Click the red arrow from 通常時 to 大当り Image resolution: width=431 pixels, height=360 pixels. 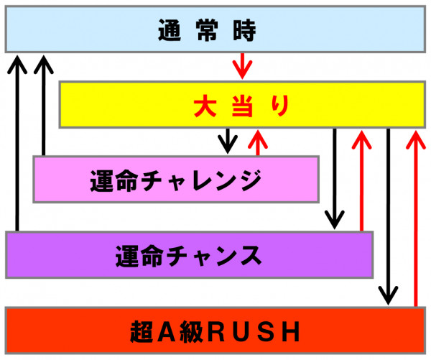tap(242, 66)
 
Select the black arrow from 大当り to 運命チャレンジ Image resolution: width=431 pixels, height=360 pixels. tap(228, 141)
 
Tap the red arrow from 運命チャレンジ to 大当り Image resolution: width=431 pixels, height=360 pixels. tap(258, 142)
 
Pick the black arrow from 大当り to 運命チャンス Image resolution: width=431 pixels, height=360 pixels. tap(334, 179)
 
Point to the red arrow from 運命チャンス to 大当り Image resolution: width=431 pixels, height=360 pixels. tap(361, 180)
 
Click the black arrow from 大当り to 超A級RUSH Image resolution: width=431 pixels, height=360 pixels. tap(388, 217)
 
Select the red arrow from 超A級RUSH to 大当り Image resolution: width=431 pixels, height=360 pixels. tap(416, 218)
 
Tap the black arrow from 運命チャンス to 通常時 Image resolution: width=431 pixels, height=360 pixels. tap(17, 143)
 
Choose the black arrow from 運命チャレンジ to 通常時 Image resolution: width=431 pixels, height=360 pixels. tap(43, 106)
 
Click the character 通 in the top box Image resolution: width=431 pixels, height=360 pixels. tap(170, 30)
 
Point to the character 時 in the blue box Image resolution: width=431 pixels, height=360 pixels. tap(245, 30)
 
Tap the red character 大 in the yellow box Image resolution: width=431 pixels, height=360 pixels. tap(205, 106)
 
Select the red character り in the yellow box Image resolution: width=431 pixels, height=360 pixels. tap(280, 106)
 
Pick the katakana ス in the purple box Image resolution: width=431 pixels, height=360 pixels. tap(251, 256)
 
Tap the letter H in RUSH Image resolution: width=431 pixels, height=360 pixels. tap(292, 332)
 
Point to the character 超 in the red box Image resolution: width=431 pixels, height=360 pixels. tap(142, 332)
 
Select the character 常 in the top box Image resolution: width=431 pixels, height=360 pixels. tap(208, 30)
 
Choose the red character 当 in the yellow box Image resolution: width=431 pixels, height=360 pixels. tap(242, 106)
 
